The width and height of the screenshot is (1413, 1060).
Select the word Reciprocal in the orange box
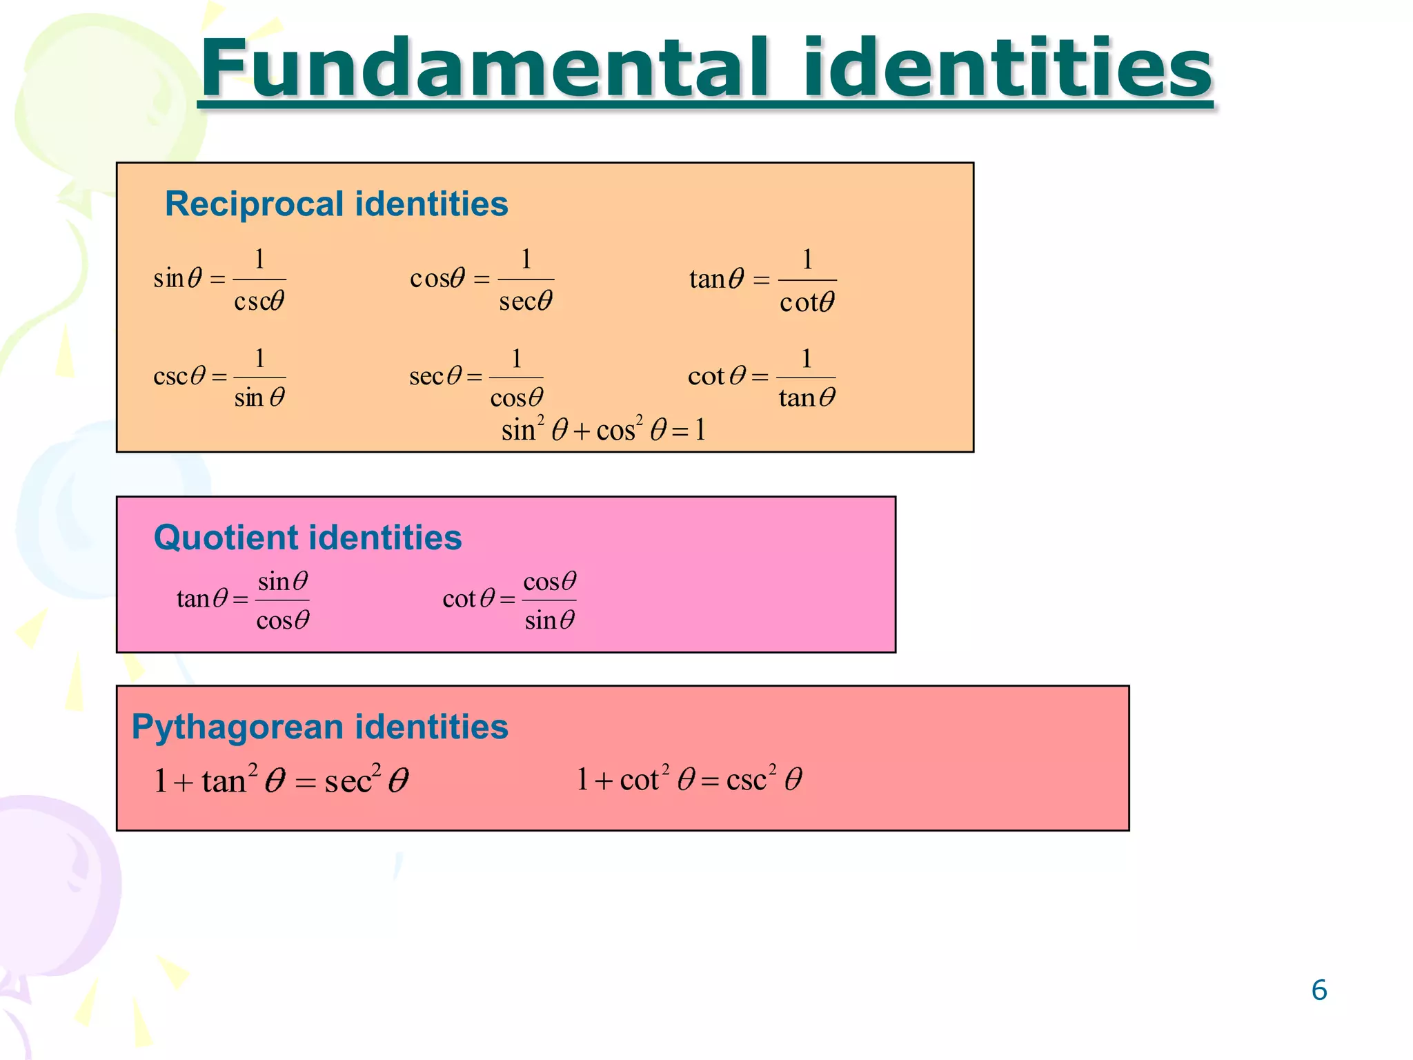coord(255,204)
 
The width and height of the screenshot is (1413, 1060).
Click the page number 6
coord(1318,990)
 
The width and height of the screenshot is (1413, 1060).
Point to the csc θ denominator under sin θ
coord(259,302)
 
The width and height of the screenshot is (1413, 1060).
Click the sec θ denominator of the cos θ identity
coord(526,302)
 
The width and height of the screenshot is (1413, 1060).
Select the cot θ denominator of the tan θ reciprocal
coord(807,302)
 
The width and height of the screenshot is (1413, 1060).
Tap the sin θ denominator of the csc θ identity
coord(259,398)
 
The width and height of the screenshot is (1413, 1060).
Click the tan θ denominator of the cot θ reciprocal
coord(807,398)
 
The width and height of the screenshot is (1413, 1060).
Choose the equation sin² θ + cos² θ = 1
coord(604,430)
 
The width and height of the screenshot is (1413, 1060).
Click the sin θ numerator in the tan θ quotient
coord(283,582)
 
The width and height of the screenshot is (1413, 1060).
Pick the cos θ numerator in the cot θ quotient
coord(549,582)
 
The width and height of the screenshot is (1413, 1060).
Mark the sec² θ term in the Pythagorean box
coord(366,781)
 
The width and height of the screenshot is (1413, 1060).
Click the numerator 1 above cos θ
coord(516,359)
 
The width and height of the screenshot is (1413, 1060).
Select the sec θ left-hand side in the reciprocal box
coord(435,377)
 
